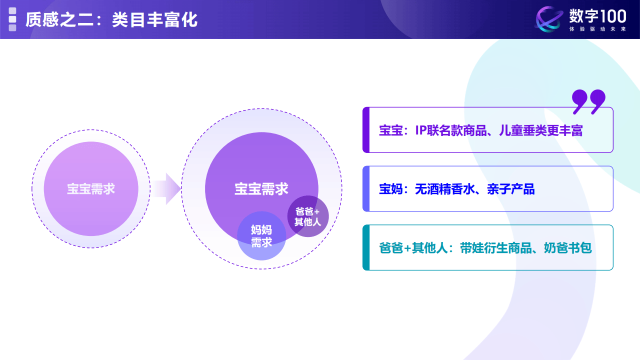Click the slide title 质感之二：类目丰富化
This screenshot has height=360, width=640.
point(111,20)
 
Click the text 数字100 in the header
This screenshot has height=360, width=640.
point(597,16)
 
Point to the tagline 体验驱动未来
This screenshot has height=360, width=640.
point(597,29)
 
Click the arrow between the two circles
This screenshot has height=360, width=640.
point(167,189)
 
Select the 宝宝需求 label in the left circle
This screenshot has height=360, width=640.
point(91,189)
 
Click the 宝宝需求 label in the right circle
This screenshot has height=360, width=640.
point(261,188)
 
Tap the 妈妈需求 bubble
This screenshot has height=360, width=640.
point(261,236)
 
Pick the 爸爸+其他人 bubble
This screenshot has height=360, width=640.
point(307,216)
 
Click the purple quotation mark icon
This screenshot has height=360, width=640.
point(588,101)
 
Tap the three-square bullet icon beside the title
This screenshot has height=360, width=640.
point(12,19)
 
